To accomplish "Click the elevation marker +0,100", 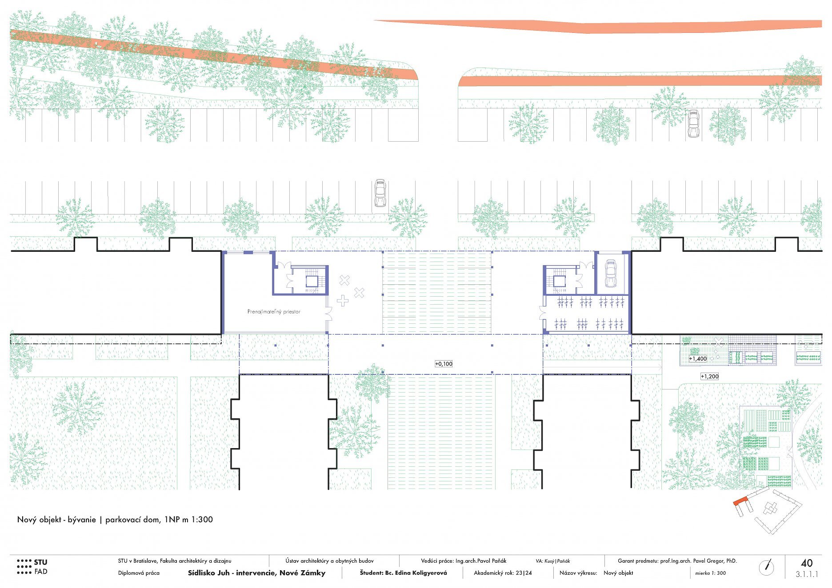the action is click(444, 364).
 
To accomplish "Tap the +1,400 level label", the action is click(698, 358).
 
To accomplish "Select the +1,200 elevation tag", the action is click(710, 376).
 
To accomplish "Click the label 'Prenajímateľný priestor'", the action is click(274, 312).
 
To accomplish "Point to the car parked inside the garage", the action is click(611, 273).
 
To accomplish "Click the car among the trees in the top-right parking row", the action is click(693, 123).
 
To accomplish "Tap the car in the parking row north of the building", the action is click(380, 193).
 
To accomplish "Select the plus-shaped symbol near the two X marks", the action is click(343, 301).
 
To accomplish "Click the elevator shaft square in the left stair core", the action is click(312, 281).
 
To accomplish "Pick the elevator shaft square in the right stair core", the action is click(559, 281).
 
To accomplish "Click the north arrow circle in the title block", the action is click(766, 567).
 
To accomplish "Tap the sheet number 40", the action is click(807, 563).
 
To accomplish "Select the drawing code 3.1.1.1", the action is click(807, 574).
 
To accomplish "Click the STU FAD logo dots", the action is click(24, 567).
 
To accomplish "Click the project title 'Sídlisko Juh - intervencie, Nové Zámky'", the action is click(256, 573).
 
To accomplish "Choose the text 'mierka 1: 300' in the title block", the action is click(710, 573).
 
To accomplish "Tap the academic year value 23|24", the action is click(524, 573).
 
